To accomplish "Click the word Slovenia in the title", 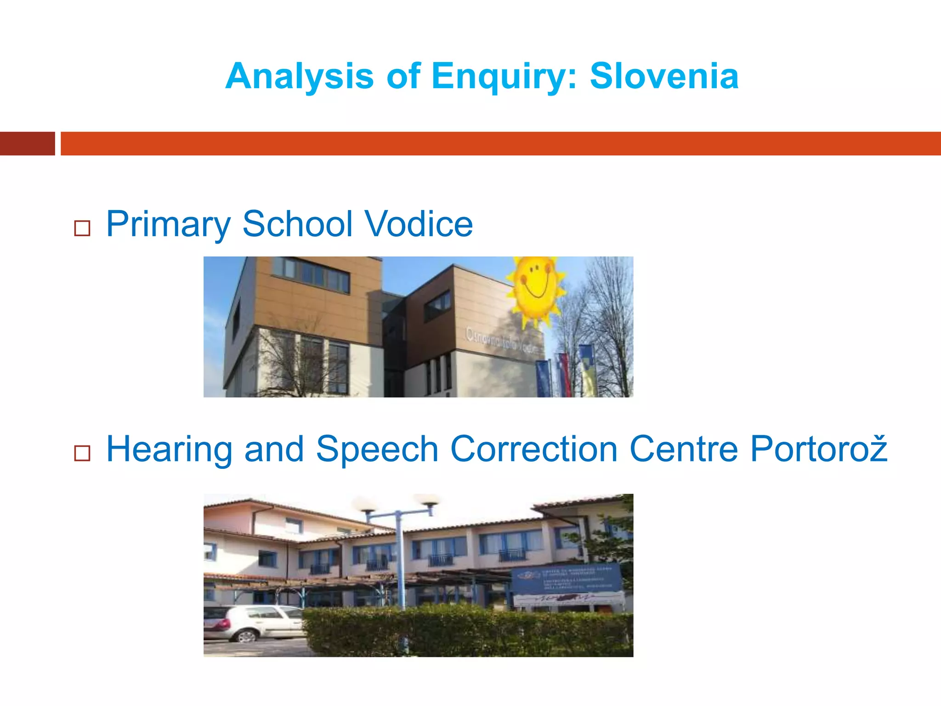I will (664, 76).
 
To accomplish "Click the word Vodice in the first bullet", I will (419, 224).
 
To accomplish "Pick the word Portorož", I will (818, 449).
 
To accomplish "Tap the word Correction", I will (534, 449).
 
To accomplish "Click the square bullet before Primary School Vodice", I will (82, 228).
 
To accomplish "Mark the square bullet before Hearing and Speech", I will (82, 453).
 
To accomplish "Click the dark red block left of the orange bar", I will (27, 143).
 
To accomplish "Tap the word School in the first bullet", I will (297, 224).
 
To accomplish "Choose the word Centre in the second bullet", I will (684, 449).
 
